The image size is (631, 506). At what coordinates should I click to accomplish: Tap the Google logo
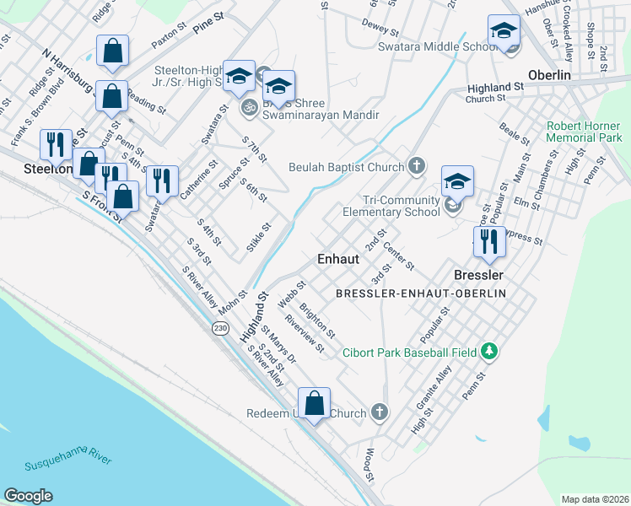(x=29, y=496)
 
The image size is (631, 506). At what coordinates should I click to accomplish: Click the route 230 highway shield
(x=220, y=328)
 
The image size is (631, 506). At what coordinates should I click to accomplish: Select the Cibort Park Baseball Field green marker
(x=488, y=351)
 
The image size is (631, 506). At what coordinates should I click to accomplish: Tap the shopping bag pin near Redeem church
(x=314, y=404)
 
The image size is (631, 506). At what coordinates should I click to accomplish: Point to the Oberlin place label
(x=550, y=75)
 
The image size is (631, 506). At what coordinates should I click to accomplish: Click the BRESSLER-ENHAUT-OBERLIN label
(x=420, y=293)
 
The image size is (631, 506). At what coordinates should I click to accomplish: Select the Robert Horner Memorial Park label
(x=584, y=132)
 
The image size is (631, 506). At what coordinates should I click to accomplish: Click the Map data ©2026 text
(x=595, y=498)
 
